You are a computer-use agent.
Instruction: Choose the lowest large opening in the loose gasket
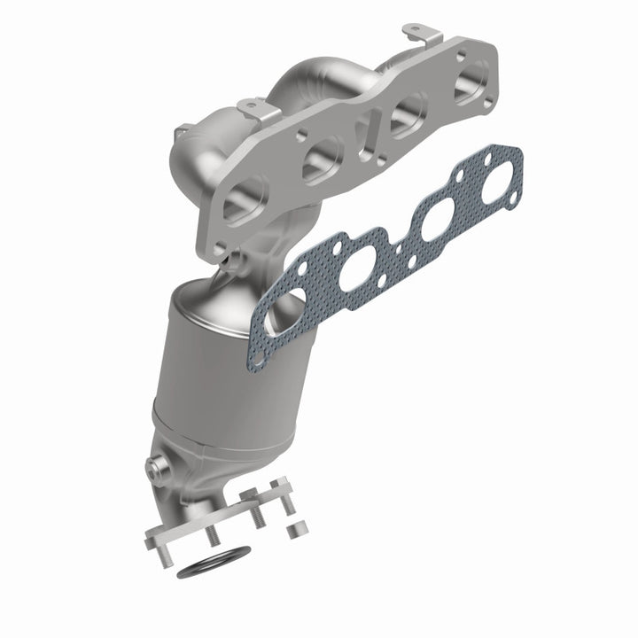click(x=278, y=312)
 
